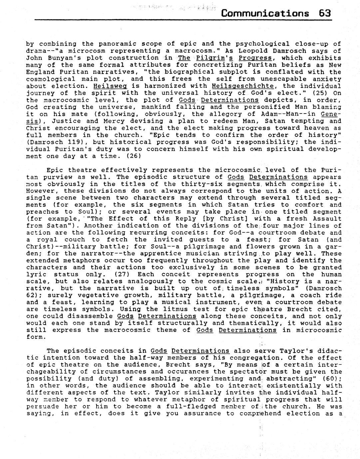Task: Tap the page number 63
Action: (x=324, y=13)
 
